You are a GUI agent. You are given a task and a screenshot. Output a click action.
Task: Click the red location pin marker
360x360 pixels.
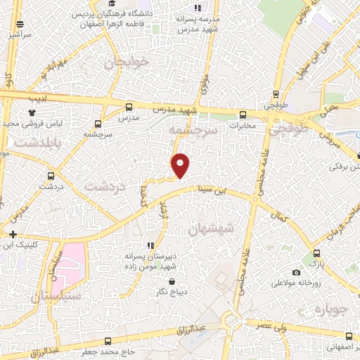(x=181, y=165)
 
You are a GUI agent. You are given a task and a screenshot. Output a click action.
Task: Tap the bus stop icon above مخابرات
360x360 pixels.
(x=243, y=115)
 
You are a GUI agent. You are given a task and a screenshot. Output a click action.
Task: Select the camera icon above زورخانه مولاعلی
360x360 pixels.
(x=296, y=272)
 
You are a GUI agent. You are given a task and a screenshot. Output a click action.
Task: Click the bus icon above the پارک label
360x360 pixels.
(x=316, y=252)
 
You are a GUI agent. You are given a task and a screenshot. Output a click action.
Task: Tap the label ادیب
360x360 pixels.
(x=37, y=98)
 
